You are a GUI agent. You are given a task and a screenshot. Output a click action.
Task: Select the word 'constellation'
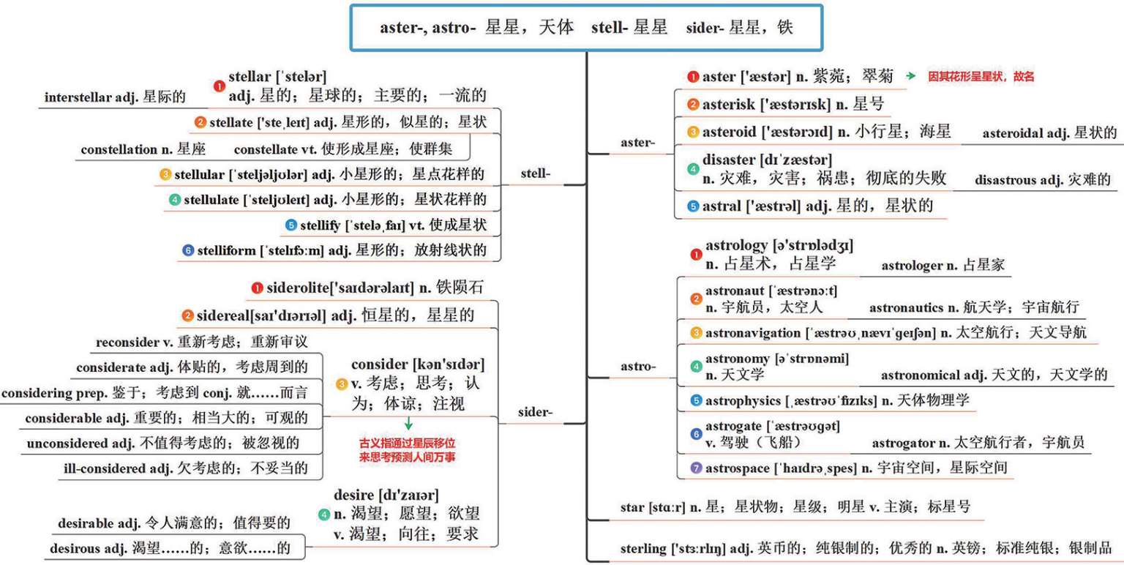click(119, 149)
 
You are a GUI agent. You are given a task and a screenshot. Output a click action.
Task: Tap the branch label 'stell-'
click(535, 173)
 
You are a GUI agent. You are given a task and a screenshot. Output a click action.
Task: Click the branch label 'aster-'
click(636, 142)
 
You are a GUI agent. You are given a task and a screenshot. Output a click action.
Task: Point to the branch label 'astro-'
click(637, 366)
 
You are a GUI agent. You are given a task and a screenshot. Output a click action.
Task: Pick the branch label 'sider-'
click(534, 412)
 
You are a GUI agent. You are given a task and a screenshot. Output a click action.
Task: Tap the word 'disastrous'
click(1011, 179)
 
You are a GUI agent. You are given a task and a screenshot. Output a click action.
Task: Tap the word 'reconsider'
click(127, 343)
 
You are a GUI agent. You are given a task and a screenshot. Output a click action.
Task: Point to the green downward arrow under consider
click(408, 424)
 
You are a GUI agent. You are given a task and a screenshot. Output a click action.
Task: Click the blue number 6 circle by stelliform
click(188, 250)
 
